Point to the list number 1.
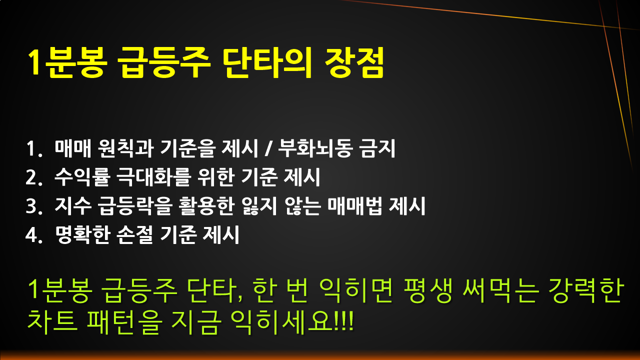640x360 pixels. point(32,149)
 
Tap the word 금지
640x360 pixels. point(378,149)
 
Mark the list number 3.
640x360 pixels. point(32,206)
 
